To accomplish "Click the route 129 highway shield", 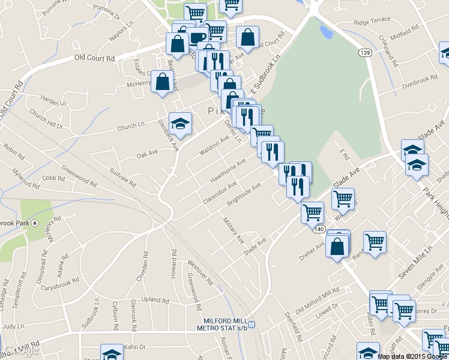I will click(364, 53).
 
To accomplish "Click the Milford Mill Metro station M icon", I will click(252, 325).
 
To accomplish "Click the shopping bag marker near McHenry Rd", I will click(163, 82).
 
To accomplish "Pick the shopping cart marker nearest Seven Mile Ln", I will click(375, 242).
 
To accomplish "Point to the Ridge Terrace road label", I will click(372, 22).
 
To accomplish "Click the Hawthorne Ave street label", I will click(228, 171).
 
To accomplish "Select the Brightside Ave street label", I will click(243, 194).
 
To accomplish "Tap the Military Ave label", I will click(234, 230).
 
